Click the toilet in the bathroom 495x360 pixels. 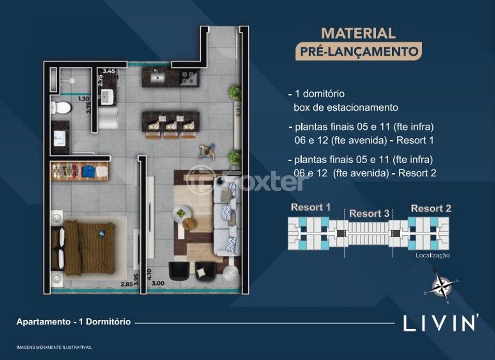[x=61, y=108]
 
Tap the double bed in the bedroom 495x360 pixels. [x=84, y=248]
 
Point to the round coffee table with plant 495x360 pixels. [x=181, y=214]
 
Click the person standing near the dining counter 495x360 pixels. [x=207, y=152]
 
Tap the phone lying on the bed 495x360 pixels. [x=102, y=234]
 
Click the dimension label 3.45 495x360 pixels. [x=109, y=71]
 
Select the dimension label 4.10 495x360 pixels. [x=149, y=275]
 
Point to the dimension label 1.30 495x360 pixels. [x=84, y=99]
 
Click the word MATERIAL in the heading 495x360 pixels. [x=358, y=33]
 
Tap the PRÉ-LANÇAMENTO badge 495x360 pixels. [x=358, y=51]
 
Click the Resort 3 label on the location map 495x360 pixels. [x=369, y=214]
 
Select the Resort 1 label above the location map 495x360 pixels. [x=311, y=207]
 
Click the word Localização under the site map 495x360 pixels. [x=433, y=255]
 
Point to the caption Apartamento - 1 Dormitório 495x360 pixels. [x=74, y=322]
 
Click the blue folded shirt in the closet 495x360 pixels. [x=88, y=171]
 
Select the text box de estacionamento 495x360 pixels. [x=346, y=108]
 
